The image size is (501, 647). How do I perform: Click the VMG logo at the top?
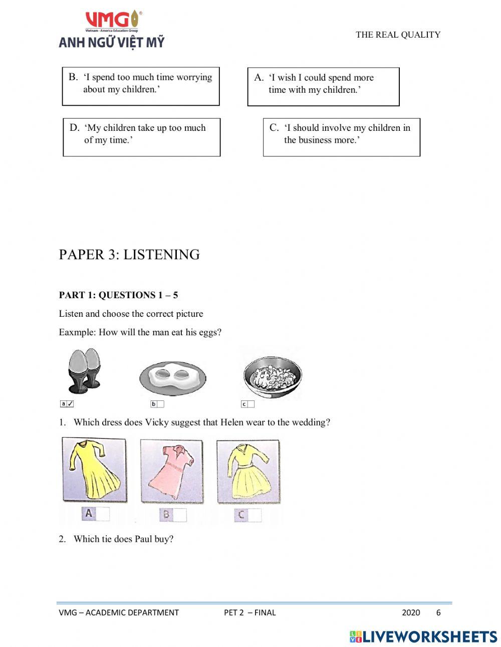[111, 30]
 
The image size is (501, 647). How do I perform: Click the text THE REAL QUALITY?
[398, 35]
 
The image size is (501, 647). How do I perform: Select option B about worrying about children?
[141, 86]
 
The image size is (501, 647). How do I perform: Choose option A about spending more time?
[323, 87]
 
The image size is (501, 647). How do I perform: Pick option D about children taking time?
[142, 137]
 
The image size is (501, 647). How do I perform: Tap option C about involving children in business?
[341, 137]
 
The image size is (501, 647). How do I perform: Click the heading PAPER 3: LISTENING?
[129, 255]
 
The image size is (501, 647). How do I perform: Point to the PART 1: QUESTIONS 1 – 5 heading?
[118, 295]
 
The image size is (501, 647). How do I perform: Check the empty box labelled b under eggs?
[160, 404]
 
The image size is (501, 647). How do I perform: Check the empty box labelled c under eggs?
[250, 404]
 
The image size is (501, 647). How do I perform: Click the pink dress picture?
[171, 471]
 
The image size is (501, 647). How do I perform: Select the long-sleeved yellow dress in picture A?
[94, 470]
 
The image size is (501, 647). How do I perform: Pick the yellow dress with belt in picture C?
[248, 471]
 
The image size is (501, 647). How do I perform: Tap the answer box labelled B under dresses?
[180, 515]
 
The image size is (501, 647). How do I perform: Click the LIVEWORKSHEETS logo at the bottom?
[423, 636]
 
